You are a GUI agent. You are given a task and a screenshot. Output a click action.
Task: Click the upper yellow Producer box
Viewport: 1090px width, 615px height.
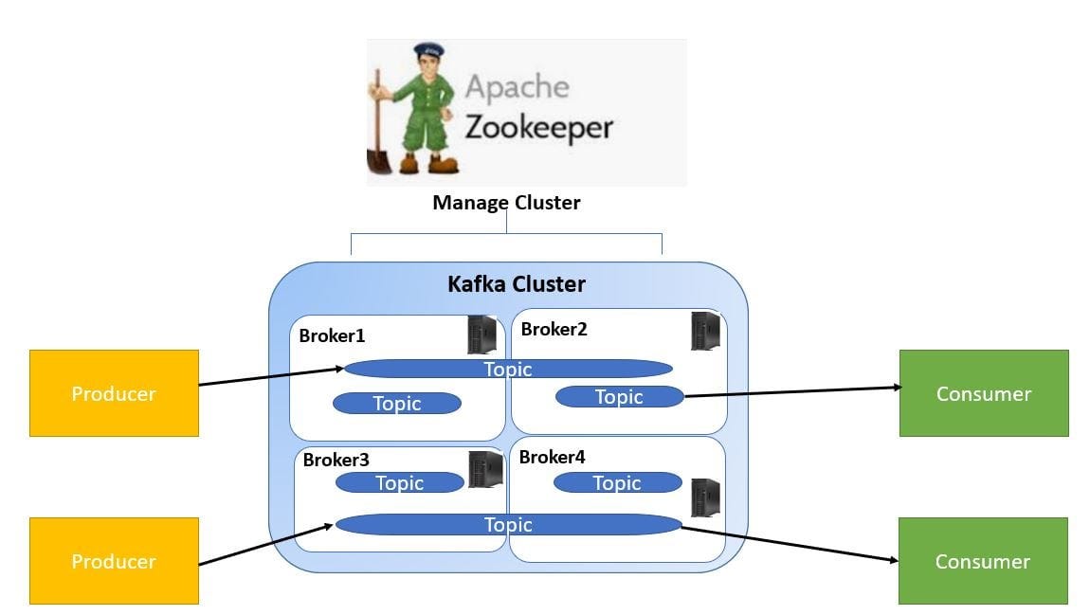tap(114, 393)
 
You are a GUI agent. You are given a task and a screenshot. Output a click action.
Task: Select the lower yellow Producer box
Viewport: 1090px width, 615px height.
tap(114, 561)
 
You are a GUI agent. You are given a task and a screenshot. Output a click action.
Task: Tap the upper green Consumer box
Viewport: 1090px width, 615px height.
tap(983, 393)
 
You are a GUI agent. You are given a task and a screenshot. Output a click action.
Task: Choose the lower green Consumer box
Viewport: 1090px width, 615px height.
tap(982, 561)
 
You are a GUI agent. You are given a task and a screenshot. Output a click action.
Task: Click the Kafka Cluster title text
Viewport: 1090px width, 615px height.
tap(516, 284)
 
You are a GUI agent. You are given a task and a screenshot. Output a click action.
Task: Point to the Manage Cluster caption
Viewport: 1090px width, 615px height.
tap(506, 203)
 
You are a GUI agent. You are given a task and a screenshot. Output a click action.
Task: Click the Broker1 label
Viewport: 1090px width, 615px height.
tap(332, 335)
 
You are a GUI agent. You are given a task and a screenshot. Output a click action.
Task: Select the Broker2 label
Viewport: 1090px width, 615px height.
tap(554, 330)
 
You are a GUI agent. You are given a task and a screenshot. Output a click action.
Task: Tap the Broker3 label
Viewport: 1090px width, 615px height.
tap(336, 461)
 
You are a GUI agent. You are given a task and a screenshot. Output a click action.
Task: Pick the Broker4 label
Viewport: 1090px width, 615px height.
tap(552, 458)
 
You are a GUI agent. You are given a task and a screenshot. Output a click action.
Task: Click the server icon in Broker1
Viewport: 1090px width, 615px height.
tap(481, 335)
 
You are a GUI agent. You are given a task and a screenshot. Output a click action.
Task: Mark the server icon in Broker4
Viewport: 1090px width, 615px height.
tap(705, 497)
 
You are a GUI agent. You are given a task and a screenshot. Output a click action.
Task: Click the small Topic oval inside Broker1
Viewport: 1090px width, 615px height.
tap(396, 404)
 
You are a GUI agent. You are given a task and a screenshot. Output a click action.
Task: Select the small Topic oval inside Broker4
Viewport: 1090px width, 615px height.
tap(617, 483)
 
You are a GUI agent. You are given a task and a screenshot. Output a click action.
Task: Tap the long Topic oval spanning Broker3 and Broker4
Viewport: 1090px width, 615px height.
tap(508, 525)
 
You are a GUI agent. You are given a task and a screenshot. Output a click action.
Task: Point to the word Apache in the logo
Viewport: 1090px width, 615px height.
tap(517, 87)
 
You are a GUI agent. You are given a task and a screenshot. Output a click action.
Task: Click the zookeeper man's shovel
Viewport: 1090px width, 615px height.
tap(380, 142)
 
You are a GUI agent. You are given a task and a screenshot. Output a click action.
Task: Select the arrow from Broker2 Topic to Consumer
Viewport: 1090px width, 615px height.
tap(791, 391)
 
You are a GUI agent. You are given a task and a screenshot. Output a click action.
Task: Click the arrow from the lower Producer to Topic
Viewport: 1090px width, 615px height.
tap(266, 544)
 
